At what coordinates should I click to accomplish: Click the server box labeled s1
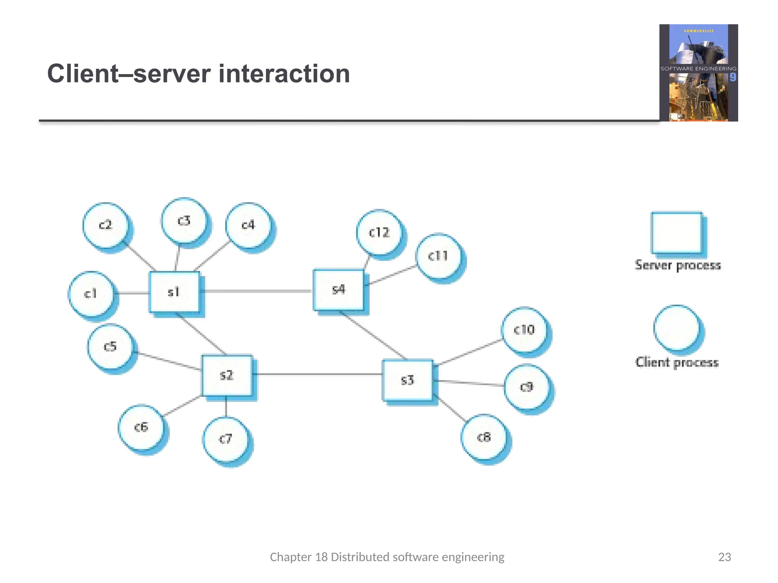[x=174, y=292]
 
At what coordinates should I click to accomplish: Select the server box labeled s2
[x=226, y=375]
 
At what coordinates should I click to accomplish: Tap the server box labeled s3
[x=407, y=380]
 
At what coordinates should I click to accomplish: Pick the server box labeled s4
[x=338, y=290]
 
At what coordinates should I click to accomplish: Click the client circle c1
[x=91, y=294]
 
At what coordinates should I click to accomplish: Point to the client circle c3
[x=184, y=221]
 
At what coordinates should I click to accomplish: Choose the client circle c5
[x=110, y=347]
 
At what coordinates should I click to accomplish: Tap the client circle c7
[x=226, y=439]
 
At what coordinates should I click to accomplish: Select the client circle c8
[x=484, y=437]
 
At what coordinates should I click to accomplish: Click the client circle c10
[x=524, y=329]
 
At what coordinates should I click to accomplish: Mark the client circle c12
[x=379, y=232]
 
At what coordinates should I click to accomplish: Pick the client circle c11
[x=438, y=256]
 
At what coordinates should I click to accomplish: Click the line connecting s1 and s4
[x=256, y=291]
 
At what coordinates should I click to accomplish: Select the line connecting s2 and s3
[x=317, y=374]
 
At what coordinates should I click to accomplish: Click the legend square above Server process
[x=676, y=232]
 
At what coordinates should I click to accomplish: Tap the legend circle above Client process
[x=677, y=328]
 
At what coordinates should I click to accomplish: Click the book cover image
[x=698, y=73]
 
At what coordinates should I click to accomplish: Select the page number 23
[x=724, y=557]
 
